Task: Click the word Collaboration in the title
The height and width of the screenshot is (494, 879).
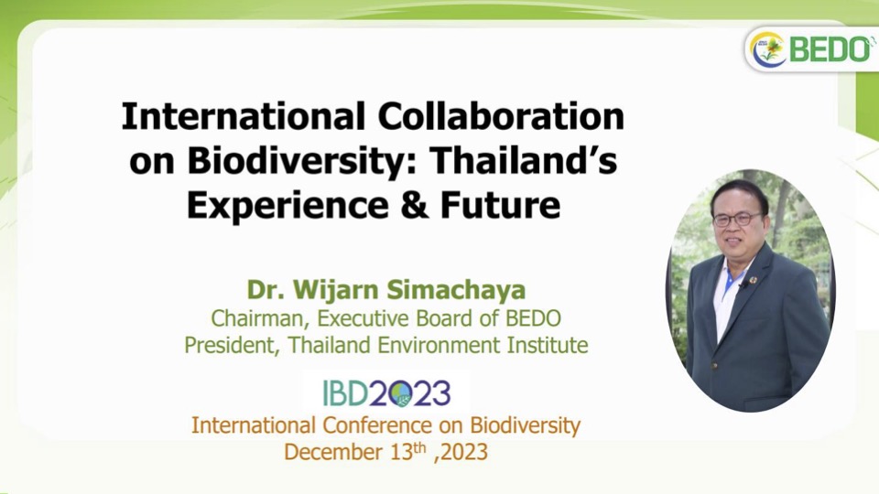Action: (501, 116)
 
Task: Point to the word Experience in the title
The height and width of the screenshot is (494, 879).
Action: (288, 205)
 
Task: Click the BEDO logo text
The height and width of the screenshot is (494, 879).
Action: (830, 49)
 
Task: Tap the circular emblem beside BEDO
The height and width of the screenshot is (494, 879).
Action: (768, 50)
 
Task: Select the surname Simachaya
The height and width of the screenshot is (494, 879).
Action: (456, 290)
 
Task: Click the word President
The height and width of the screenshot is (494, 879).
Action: (232, 345)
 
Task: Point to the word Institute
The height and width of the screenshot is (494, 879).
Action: (548, 345)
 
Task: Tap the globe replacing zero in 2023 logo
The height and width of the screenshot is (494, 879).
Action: (400, 393)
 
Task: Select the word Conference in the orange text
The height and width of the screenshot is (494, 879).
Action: (376, 425)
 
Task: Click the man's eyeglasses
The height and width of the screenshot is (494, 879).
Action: (737, 219)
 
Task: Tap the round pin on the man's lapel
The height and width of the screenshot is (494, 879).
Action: (754, 279)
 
